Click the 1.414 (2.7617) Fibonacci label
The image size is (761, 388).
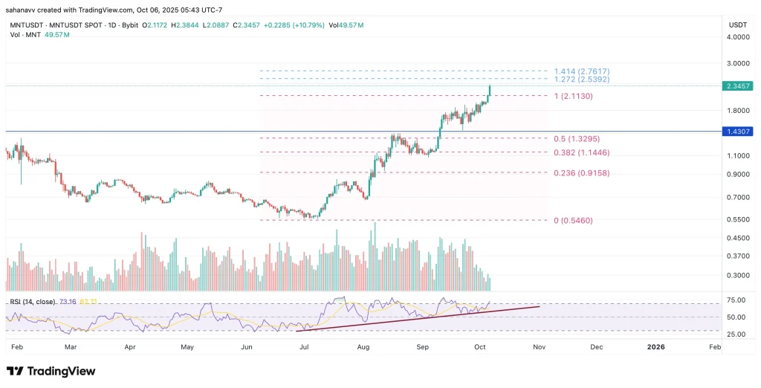click(x=582, y=70)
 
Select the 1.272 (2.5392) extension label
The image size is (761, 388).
click(x=582, y=79)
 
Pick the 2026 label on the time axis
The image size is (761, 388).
click(x=655, y=346)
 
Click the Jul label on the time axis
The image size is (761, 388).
click(x=305, y=346)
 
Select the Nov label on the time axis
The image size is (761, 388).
click(x=540, y=346)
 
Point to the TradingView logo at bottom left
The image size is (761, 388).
click(x=51, y=371)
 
